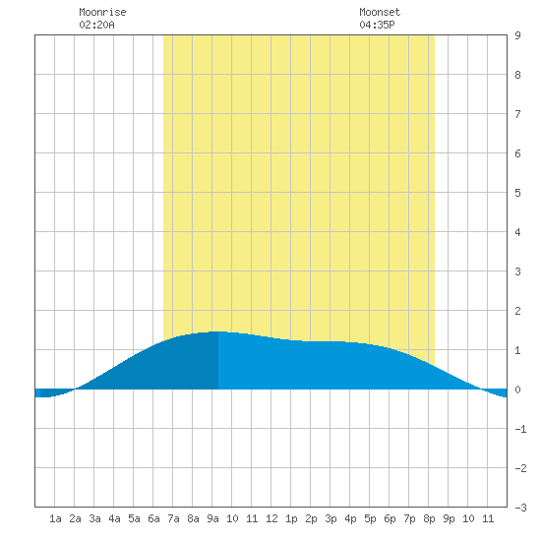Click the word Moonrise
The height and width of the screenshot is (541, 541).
[x=102, y=12]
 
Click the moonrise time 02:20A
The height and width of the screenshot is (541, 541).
[x=96, y=25]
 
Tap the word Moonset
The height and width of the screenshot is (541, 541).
[x=380, y=12]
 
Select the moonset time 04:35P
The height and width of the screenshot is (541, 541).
[x=377, y=25]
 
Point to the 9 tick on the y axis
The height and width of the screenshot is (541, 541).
[x=517, y=35]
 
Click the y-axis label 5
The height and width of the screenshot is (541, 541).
[x=517, y=193]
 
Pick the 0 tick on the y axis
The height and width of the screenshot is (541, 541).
[x=517, y=390]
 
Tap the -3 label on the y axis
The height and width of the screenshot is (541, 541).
[x=520, y=508]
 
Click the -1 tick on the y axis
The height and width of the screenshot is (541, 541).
[x=520, y=429]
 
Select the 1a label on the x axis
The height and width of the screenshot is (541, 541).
[x=55, y=518]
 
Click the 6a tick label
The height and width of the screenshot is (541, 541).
[x=153, y=518]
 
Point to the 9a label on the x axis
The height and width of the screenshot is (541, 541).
[x=212, y=518]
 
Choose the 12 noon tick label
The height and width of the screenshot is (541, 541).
[x=271, y=518]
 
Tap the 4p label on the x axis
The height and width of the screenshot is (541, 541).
[x=350, y=518]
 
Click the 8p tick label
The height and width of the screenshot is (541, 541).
[x=429, y=518]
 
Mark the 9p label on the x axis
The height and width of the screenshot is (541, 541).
[x=449, y=518]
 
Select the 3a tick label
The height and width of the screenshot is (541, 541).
[x=94, y=518]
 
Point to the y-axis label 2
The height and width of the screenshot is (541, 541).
[x=517, y=311]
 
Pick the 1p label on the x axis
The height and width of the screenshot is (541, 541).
[x=291, y=518]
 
